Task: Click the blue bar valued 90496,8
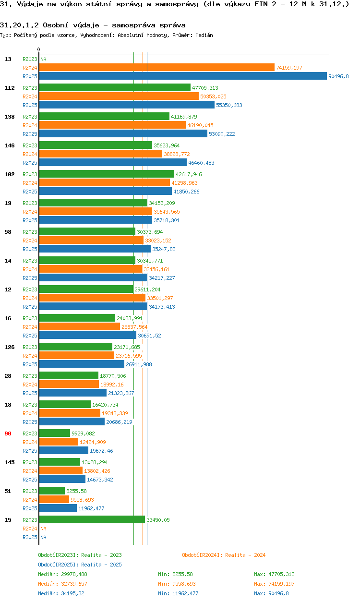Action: point(182,76)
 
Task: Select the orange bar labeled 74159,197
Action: point(156,68)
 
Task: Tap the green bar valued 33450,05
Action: point(92,519)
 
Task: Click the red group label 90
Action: point(8,433)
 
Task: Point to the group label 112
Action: point(10,88)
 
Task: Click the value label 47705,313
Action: point(205,88)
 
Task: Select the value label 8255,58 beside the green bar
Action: point(76,491)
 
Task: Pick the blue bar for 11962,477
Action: point(58,508)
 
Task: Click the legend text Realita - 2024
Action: point(245,555)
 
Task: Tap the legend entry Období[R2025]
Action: point(58,565)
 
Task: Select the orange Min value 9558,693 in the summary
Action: point(183,584)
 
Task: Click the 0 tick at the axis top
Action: point(39,50)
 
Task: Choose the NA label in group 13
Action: point(43,59)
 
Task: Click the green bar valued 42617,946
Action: point(106,174)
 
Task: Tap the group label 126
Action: point(10,347)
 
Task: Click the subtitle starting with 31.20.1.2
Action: point(93,24)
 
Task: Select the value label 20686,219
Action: point(119,422)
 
